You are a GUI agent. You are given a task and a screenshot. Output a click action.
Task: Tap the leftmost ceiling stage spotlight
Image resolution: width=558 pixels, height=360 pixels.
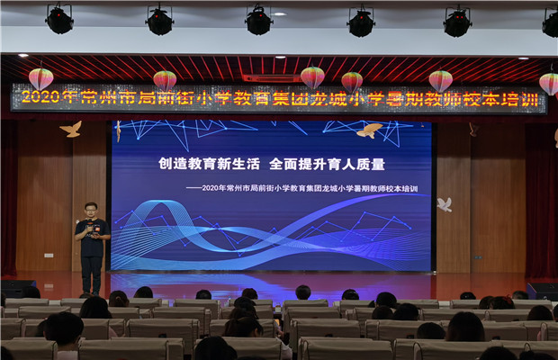(x=59, y=19)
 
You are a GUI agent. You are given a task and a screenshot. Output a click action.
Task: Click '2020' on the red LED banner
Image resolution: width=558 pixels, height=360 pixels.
(x=40, y=96)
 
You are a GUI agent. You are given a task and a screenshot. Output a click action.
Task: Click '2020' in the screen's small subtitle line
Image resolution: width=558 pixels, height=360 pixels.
(x=210, y=188)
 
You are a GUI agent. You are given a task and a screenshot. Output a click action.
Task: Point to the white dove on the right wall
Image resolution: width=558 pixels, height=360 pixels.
(x=445, y=204)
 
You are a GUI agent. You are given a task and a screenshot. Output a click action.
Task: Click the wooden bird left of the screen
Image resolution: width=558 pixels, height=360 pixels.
(x=71, y=129)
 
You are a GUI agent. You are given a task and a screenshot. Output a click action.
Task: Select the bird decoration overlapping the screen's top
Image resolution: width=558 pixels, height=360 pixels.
(x=370, y=130)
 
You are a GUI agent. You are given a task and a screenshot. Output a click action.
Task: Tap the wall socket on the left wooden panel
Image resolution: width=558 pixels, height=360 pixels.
(x=49, y=256)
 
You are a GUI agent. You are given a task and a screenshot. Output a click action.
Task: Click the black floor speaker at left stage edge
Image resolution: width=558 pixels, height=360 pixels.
(x=18, y=288)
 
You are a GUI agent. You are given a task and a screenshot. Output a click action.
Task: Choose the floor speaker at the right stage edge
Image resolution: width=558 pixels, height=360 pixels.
(x=542, y=291)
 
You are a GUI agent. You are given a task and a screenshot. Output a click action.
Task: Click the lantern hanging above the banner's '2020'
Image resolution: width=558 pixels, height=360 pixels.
(x=40, y=79)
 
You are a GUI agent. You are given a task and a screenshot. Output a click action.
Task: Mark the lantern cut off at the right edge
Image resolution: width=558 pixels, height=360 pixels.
(x=549, y=84)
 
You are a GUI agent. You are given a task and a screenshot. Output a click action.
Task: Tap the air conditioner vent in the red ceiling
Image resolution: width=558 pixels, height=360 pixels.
(x=272, y=78)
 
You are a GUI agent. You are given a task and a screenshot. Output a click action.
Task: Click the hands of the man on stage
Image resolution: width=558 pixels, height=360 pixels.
(x=90, y=230)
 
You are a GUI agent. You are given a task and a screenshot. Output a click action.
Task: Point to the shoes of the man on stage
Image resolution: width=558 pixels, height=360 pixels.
(x=91, y=293)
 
